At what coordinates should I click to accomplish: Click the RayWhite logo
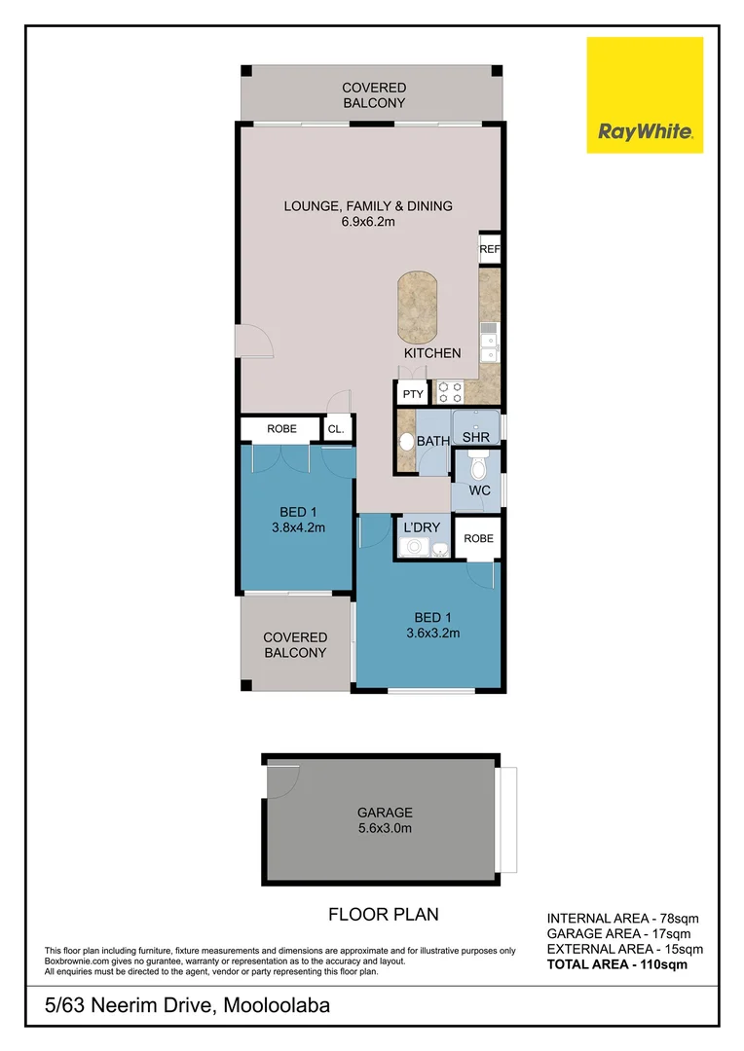(644, 95)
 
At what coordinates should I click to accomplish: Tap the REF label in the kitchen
(489, 250)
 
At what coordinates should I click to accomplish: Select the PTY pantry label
(413, 394)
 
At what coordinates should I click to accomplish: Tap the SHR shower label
(475, 438)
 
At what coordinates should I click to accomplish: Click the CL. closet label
(336, 428)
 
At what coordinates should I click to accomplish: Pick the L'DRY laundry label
(422, 527)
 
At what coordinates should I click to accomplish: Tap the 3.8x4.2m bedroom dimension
(298, 528)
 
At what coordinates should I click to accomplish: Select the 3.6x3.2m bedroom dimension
(432, 633)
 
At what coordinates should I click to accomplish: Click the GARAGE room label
(386, 812)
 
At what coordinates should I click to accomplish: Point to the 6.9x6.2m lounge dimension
(367, 222)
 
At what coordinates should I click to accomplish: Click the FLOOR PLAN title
(383, 914)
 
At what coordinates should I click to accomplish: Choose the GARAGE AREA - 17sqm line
(618, 933)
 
